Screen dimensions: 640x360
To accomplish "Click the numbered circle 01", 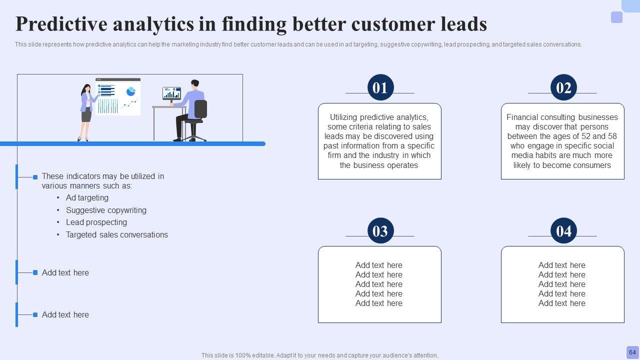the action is point(380,87).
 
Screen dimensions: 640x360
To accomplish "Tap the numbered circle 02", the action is point(563,87).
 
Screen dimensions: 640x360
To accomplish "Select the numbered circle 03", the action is point(380,230).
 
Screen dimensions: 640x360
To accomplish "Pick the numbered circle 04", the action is point(563,230).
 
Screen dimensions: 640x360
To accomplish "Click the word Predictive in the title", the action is point(61,24).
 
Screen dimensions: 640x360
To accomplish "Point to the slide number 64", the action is point(632,352).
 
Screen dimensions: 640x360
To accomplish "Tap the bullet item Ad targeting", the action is point(87,197).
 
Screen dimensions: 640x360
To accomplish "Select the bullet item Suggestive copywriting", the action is point(106,210).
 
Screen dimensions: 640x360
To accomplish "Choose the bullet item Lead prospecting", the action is point(96,222).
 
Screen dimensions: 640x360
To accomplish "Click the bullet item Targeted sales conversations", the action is point(117,234).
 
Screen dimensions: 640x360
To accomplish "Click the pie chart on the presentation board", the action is point(131,91).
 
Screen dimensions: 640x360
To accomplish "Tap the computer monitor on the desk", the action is point(171,93).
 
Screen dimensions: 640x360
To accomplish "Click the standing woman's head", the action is point(86,88).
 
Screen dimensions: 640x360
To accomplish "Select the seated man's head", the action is point(195,84).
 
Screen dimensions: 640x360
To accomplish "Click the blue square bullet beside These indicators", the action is point(35,177).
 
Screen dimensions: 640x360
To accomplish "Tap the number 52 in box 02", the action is point(590,136).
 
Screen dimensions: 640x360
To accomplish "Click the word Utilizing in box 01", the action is point(343,117).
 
